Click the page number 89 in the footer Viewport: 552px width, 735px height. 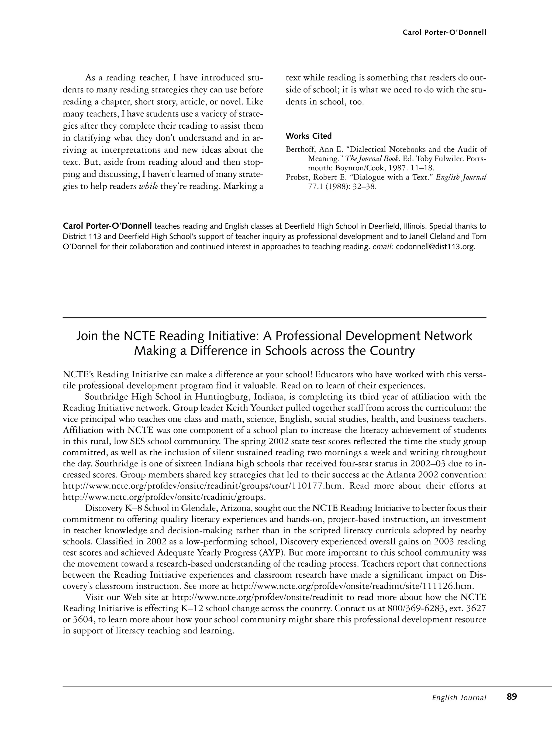[512, 697]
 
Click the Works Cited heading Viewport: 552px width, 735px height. [308, 136]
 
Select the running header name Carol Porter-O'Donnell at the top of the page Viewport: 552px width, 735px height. [444, 33]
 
